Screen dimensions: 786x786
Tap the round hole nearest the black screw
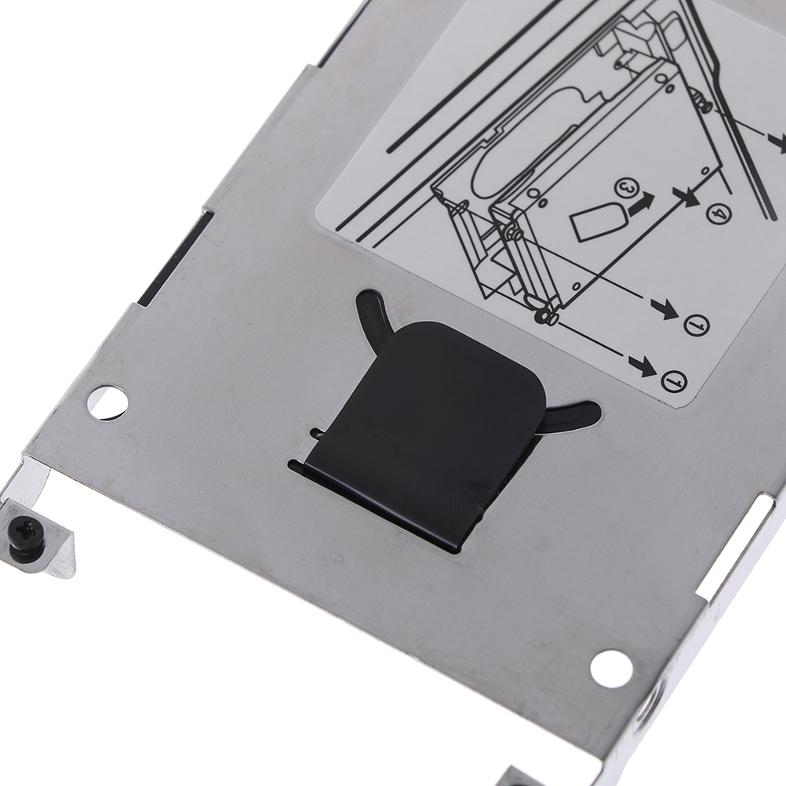(107, 402)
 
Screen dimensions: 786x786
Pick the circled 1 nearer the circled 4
(697, 325)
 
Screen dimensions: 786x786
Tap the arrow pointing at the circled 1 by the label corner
(642, 366)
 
